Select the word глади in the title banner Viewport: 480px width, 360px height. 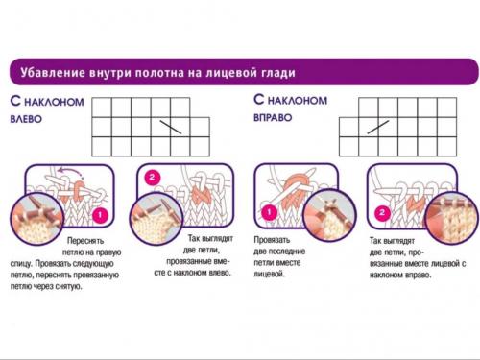pos(276,73)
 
